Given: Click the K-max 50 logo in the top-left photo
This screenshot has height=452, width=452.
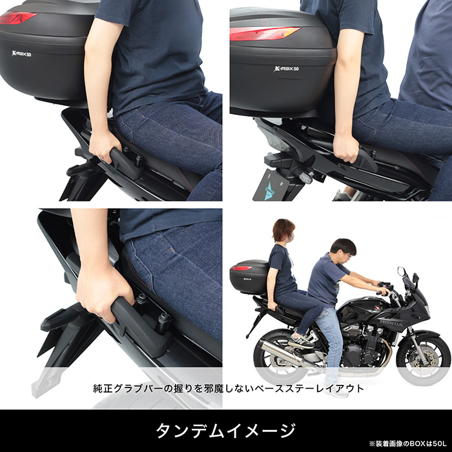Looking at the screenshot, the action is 21,54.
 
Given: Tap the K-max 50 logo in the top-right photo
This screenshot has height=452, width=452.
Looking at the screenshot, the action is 286,68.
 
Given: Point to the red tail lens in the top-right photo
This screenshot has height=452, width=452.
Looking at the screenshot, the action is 265,34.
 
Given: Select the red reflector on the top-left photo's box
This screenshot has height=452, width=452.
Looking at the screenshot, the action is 17,18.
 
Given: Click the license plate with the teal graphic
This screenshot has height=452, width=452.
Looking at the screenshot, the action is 271,185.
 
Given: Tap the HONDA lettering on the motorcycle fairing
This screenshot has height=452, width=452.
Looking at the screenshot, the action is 391,323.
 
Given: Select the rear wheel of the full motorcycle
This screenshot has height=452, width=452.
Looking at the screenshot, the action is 280,355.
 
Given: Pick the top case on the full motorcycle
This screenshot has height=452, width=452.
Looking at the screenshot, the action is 250,277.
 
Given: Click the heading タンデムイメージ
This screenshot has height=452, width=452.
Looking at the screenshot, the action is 226,431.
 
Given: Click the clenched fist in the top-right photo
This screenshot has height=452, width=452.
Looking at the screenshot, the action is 345,148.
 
